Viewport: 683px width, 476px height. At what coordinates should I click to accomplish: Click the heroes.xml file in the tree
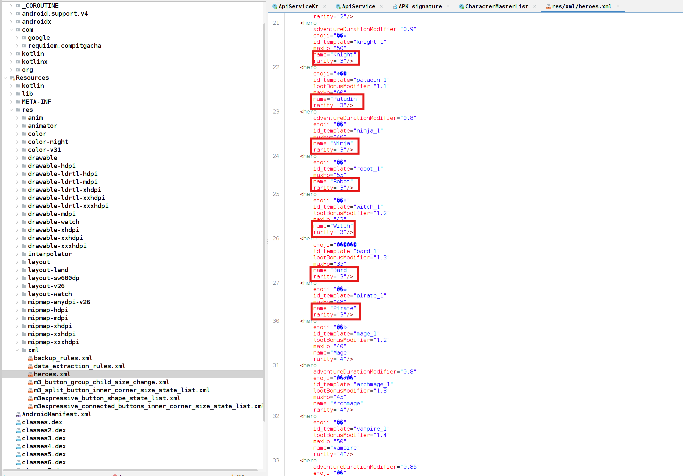(x=52, y=374)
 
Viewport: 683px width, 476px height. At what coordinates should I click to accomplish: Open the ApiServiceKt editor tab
(x=298, y=6)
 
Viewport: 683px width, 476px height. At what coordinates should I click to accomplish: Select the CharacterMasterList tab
(x=496, y=6)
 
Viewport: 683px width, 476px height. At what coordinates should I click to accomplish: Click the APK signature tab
(x=420, y=6)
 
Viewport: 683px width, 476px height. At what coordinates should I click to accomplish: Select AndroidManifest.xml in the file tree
(x=56, y=414)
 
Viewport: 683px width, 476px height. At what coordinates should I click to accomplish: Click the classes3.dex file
(x=44, y=438)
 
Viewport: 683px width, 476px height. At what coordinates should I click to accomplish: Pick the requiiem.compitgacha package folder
(x=64, y=46)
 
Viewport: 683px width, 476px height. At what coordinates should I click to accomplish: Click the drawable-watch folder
(x=53, y=222)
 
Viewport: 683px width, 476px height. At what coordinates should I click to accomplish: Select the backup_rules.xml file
(x=63, y=358)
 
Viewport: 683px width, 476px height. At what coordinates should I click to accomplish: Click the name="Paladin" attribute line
(x=336, y=99)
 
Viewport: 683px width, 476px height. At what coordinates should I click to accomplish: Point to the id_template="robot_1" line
(x=348, y=169)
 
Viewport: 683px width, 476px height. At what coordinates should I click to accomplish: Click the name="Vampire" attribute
(x=336, y=448)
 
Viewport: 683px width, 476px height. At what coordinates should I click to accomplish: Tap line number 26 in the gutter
(x=276, y=238)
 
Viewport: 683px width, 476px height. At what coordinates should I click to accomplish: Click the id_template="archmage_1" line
(x=353, y=385)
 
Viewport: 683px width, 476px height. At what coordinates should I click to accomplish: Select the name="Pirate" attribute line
(x=334, y=308)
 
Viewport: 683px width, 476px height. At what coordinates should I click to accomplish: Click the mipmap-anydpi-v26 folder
(x=59, y=302)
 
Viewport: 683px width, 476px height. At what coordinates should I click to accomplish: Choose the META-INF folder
(x=36, y=102)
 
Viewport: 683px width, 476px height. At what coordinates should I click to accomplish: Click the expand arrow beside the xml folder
(x=17, y=350)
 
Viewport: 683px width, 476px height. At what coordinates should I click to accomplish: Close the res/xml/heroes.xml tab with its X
(x=618, y=6)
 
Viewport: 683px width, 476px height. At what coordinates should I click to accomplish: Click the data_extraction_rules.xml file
(x=79, y=366)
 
